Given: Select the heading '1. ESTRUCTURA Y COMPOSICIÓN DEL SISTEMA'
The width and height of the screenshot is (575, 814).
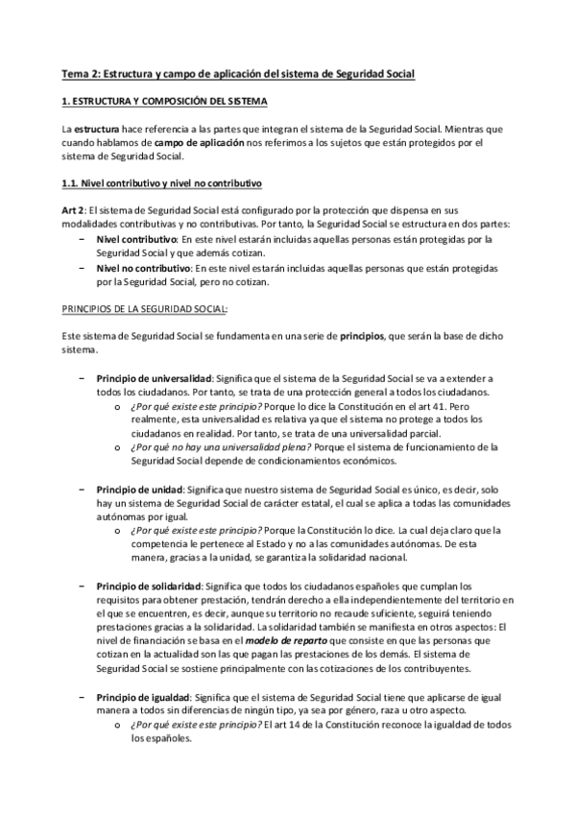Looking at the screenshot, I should click(x=159, y=101).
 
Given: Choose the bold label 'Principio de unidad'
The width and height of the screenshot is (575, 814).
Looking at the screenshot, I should click(x=136, y=489).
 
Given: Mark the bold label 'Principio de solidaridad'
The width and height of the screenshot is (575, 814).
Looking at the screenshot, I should click(x=148, y=586).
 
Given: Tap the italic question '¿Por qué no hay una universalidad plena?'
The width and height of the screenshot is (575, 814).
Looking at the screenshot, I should click(x=205, y=447).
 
